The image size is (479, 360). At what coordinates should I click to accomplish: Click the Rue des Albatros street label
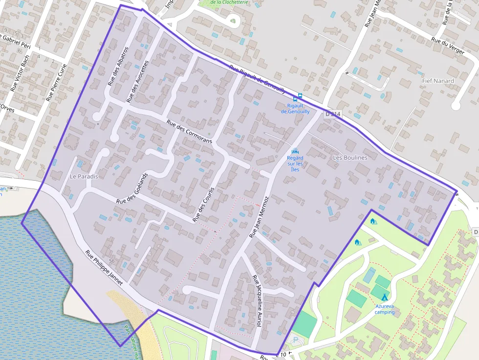pyautogui.click(x=118, y=66)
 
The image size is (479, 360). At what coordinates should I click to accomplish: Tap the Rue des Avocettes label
pyautogui.click(x=137, y=82)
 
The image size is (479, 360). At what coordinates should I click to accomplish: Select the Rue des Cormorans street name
pyautogui.click(x=189, y=131)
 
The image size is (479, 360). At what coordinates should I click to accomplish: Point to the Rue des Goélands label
pyautogui.click(x=132, y=188)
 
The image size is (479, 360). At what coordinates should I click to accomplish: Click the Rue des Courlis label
pyautogui.click(x=204, y=204)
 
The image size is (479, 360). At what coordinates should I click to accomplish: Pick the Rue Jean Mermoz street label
pyautogui.click(x=259, y=217)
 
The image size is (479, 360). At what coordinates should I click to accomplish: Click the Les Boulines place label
pyautogui.click(x=350, y=158)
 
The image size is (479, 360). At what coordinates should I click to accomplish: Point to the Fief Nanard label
pyautogui.click(x=438, y=81)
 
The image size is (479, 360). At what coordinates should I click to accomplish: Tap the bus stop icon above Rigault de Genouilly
pyautogui.click(x=300, y=96)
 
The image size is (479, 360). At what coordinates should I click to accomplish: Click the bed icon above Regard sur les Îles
pyautogui.click(x=295, y=151)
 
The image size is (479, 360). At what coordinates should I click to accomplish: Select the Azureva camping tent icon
pyautogui.click(x=384, y=297)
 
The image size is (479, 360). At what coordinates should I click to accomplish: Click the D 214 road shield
pyautogui.click(x=332, y=114)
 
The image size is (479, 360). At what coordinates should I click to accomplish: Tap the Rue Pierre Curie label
pyautogui.click(x=56, y=82)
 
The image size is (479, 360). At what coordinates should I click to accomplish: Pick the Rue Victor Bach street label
pyautogui.click(x=20, y=73)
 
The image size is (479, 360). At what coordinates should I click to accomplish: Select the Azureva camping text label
pyautogui.click(x=385, y=309)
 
